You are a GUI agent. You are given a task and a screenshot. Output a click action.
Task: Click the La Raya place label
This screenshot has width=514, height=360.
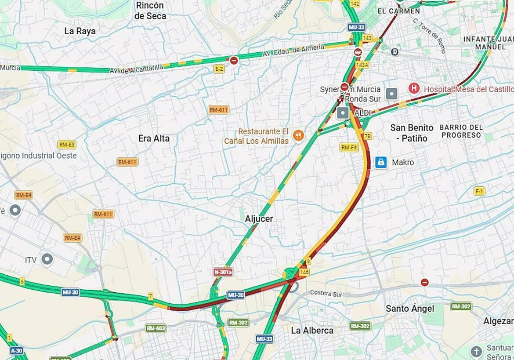[x=80, y=31]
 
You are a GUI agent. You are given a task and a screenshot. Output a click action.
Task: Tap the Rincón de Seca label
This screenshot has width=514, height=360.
[x=150, y=11]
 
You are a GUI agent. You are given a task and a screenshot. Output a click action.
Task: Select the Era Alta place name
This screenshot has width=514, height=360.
[x=154, y=138]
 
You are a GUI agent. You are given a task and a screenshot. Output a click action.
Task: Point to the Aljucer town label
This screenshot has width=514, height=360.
[x=259, y=219]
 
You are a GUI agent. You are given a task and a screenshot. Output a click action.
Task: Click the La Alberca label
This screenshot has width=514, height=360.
[x=312, y=330]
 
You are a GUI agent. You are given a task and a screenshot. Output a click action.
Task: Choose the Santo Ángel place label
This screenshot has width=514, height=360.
[x=410, y=309]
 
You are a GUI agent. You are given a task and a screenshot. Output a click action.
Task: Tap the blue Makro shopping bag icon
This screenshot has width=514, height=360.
[x=381, y=163]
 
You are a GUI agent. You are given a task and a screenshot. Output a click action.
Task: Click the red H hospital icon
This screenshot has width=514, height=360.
[x=414, y=88]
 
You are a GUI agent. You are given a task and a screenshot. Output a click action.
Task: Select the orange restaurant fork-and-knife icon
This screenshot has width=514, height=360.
[x=299, y=135]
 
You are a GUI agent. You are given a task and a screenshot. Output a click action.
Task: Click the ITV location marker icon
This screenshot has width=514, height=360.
[x=47, y=259]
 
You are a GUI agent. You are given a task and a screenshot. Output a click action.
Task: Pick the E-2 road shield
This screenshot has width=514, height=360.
[x=219, y=69]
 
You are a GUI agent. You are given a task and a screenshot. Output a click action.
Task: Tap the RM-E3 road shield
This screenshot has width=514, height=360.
[x=67, y=145]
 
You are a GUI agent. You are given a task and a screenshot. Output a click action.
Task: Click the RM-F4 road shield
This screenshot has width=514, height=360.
[x=349, y=147]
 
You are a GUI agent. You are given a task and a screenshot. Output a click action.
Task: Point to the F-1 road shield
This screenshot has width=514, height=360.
[x=479, y=191]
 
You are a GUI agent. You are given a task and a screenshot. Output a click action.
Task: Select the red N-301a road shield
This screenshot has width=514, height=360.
[x=223, y=272]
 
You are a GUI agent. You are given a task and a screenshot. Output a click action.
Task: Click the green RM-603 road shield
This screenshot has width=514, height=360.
[x=156, y=328]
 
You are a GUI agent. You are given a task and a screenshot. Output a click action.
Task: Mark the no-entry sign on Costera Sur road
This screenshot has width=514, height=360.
[x=424, y=282]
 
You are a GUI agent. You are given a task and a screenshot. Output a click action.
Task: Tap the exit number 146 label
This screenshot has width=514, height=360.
[x=304, y=273]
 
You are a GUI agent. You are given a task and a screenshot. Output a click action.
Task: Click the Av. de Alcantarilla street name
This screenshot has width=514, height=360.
[x=136, y=69]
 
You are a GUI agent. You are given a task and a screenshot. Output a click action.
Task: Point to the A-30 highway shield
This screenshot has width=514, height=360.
[x=16, y=350]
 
